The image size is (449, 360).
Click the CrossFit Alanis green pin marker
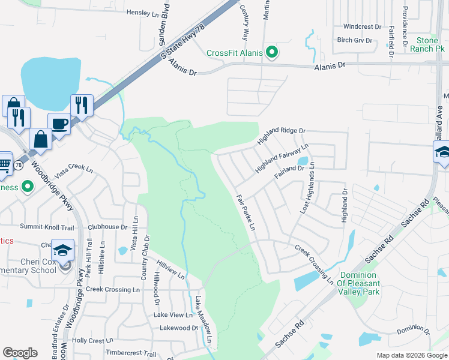272,53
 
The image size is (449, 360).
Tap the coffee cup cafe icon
58,123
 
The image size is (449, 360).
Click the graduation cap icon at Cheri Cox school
63,250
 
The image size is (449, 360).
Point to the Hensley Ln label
145,12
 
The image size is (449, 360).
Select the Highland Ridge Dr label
281,136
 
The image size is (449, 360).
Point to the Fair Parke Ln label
246,212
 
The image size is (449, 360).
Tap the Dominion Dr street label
414,331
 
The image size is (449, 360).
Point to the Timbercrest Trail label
131,353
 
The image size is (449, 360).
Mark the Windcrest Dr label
362,27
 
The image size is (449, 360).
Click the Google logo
20,353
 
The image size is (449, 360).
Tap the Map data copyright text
411,355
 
